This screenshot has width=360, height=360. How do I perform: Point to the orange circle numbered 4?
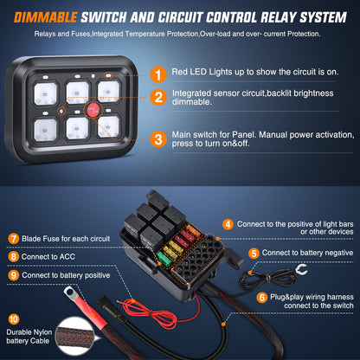[228, 223]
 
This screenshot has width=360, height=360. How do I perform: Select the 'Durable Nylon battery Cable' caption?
[32, 337]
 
